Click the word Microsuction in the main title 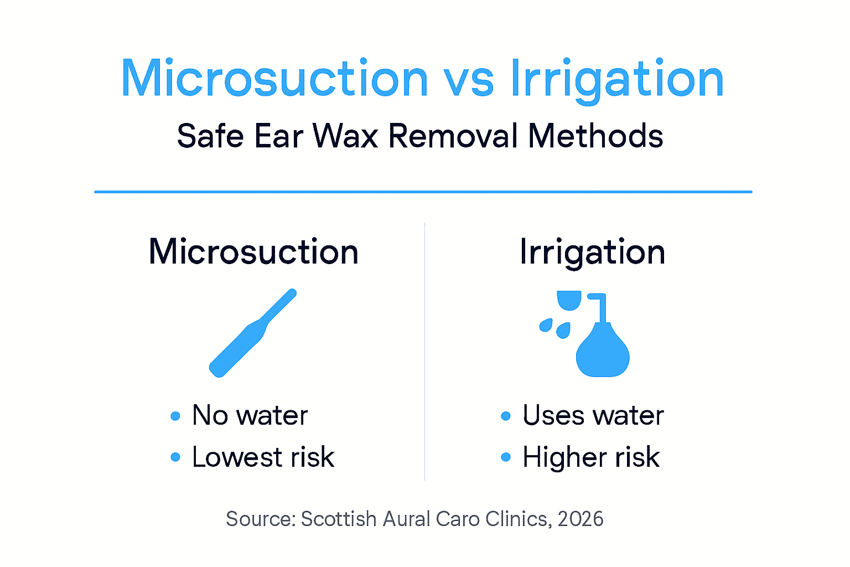click(274, 79)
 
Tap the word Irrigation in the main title click(616, 79)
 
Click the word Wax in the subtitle click(346, 136)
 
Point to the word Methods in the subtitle click(595, 136)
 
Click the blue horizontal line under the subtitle click(423, 192)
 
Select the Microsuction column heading click(253, 252)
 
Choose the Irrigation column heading click(592, 252)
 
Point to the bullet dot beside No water click(175, 416)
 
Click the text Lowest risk click(263, 457)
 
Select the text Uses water click(593, 415)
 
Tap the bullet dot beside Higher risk click(505, 457)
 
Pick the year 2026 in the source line click(581, 519)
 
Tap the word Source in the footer click(261, 519)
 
